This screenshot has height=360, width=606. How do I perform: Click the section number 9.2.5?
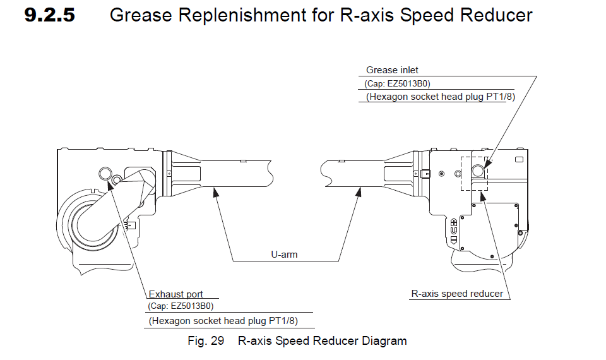click(49, 15)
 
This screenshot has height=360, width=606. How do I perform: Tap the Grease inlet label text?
click(392, 70)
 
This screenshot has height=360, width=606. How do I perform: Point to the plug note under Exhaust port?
click(223, 321)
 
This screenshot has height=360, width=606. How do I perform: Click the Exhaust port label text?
click(177, 294)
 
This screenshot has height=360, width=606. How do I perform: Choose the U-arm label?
click(284, 255)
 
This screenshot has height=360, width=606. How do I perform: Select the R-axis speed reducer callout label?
click(458, 293)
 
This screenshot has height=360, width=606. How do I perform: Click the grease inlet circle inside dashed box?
click(478, 169)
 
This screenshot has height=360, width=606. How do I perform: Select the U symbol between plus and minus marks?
click(454, 231)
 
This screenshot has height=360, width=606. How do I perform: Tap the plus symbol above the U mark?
click(454, 222)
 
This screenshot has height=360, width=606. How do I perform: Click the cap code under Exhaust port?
click(181, 306)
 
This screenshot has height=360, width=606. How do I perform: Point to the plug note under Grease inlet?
click(436, 97)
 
